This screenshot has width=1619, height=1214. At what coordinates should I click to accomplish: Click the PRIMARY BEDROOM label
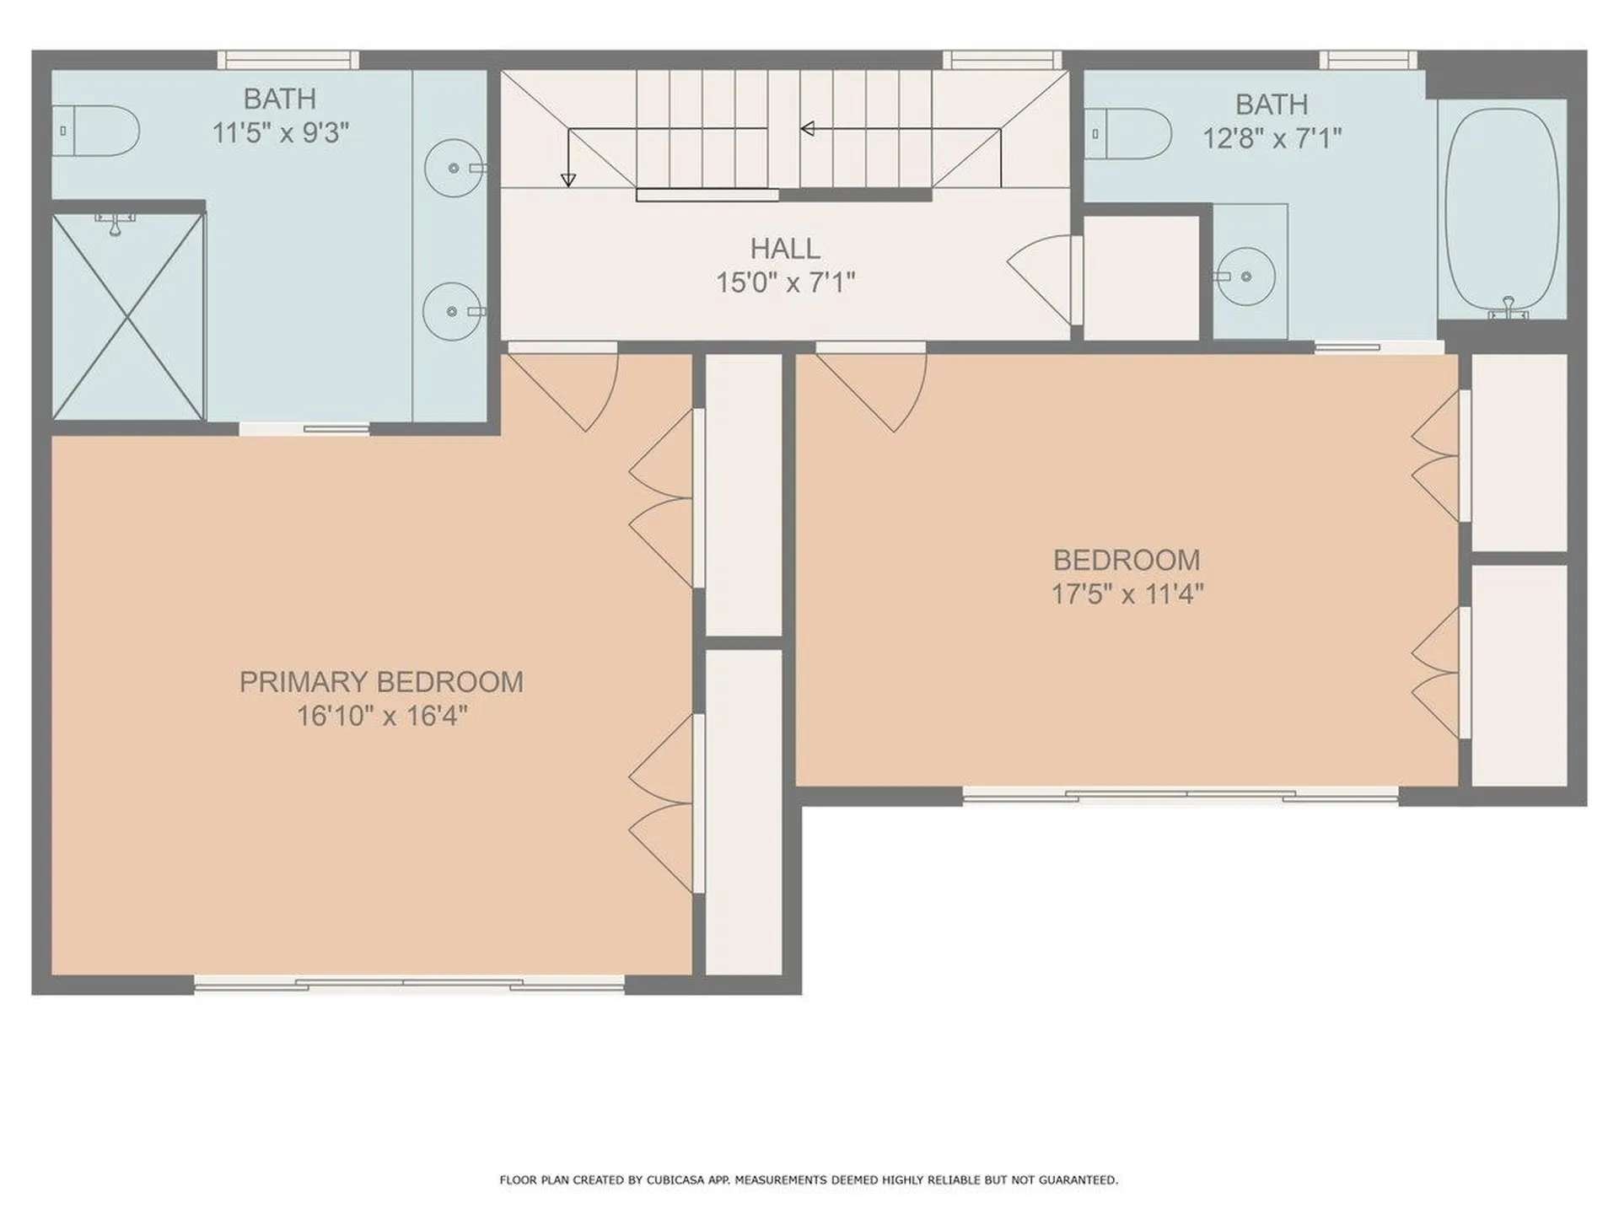381,681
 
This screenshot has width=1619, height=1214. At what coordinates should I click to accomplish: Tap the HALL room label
785,249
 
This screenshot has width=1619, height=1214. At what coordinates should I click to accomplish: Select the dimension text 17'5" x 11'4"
1127,594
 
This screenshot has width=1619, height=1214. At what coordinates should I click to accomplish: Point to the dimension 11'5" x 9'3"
280,132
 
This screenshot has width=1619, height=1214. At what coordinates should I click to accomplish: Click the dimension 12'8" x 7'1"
1272,137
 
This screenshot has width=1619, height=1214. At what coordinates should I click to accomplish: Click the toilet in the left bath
95,131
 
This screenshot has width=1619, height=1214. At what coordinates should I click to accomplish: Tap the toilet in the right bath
1127,133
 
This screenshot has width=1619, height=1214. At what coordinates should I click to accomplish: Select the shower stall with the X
128,316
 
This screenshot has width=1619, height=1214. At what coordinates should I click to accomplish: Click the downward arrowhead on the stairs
568,180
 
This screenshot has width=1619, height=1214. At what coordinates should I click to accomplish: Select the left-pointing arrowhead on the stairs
807,129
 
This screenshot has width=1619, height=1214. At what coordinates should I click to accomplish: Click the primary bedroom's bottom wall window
409,983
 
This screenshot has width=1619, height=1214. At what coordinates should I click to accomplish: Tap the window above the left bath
288,60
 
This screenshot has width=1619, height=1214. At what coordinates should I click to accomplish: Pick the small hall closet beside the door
1141,278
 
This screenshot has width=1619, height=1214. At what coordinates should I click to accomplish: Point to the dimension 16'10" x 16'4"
381,716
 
